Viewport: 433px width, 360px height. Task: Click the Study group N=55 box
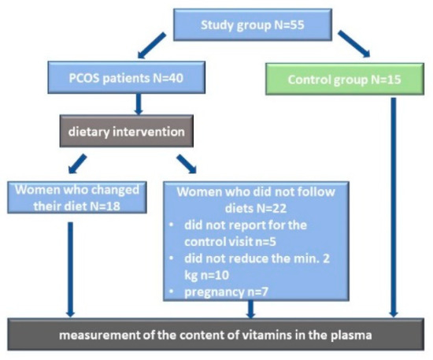tap(253, 25)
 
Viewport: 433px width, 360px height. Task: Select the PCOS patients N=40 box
tap(126, 77)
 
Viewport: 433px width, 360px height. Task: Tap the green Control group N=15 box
tap(345, 80)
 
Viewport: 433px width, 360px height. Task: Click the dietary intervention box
tap(127, 132)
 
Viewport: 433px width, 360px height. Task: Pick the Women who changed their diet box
tap(77, 198)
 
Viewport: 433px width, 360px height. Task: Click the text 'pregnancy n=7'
tap(226, 292)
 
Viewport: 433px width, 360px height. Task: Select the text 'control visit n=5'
tap(230, 242)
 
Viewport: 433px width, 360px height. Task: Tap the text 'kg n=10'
tap(206, 276)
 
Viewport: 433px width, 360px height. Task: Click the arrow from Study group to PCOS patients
tap(152, 46)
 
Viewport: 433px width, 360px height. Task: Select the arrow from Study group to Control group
tap(354, 44)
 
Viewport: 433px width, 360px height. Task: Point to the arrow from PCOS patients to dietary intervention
tap(139, 104)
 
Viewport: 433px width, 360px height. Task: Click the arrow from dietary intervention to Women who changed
tap(78, 164)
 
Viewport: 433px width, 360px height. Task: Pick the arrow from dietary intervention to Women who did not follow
tap(187, 164)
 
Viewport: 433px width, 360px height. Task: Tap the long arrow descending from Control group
tap(394, 207)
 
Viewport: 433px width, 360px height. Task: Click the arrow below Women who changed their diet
tap(70, 269)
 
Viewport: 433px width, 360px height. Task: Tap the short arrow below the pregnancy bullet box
tap(250, 310)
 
